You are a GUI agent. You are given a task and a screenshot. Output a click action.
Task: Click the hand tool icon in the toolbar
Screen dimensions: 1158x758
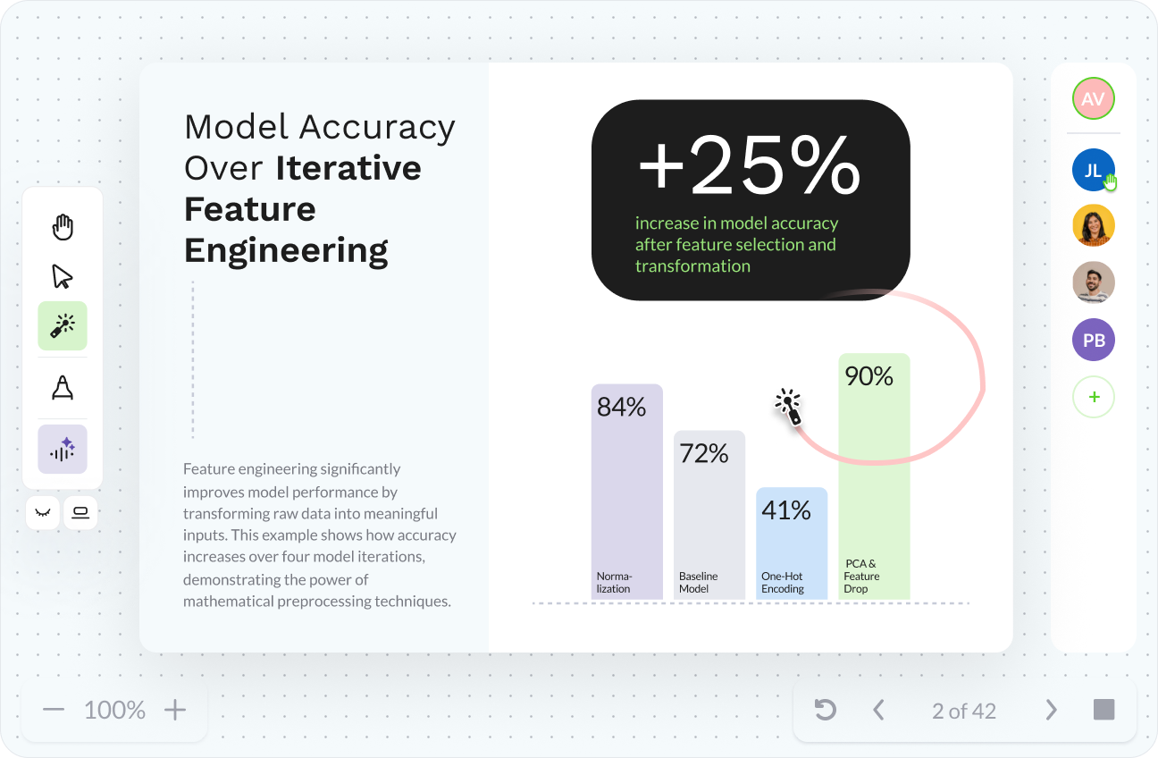point(63,227)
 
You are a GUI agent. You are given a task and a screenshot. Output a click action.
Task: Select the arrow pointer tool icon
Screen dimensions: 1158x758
point(63,276)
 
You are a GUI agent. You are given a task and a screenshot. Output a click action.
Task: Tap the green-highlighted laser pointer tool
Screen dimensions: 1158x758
point(63,325)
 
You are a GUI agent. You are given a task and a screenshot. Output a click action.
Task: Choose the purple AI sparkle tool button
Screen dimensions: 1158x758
point(63,449)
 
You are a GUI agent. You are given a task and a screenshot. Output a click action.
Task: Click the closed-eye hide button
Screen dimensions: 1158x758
point(43,512)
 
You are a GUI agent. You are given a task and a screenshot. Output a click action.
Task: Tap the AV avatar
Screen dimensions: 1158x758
point(1094,98)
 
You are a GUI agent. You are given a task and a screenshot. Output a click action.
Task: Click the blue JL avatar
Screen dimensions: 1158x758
point(1094,170)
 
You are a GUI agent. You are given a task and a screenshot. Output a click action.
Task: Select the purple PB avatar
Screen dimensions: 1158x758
point(1094,340)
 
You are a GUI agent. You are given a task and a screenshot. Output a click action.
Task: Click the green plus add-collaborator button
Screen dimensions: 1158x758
point(1094,397)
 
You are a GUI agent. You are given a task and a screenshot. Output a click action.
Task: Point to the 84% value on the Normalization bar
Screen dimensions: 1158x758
point(621,407)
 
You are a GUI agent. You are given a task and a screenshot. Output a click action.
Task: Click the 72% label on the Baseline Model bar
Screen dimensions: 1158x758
point(703,453)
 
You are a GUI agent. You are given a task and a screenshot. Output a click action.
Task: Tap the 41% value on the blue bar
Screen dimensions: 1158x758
point(785,510)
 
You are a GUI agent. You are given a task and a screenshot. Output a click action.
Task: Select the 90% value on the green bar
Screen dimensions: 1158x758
point(868,376)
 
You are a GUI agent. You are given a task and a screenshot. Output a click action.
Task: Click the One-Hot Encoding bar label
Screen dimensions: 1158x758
point(783,582)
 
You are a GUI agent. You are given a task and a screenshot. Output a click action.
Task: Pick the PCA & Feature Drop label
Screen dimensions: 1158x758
point(861,576)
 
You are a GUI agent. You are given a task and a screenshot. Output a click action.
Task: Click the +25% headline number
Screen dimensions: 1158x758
point(750,164)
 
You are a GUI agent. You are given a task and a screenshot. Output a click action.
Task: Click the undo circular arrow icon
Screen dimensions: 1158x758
point(825,710)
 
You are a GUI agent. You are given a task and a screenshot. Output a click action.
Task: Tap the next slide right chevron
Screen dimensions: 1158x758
point(1051,710)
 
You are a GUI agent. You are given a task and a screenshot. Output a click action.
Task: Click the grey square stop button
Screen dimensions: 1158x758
point(1103,710)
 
